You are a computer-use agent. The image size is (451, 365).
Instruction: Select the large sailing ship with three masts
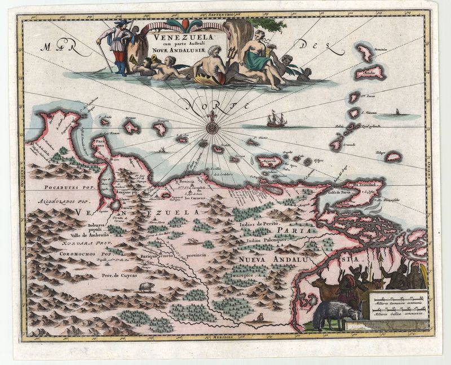point(276,119)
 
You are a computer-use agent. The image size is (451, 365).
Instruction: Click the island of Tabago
point(393,156)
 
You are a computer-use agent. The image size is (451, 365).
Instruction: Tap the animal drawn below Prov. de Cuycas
point(147,287)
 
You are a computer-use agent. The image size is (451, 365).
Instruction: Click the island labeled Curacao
point(131,127)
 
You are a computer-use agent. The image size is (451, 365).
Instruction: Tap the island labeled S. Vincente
point(353,113)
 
